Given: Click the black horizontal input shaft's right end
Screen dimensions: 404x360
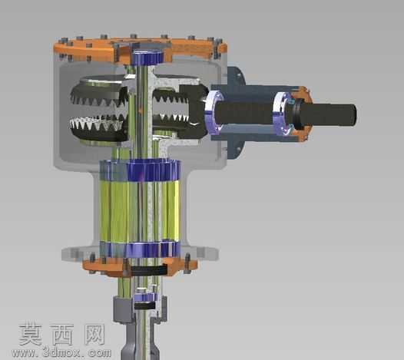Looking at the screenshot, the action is (355, 114).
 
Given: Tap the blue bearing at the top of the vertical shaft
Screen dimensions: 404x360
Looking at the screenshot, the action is (147, 57).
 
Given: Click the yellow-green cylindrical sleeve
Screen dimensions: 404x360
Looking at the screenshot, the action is (139, 211).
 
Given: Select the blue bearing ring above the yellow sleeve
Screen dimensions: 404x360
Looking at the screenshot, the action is (139, 170).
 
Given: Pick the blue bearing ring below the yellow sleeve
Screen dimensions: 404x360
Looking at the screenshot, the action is (139, 249).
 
